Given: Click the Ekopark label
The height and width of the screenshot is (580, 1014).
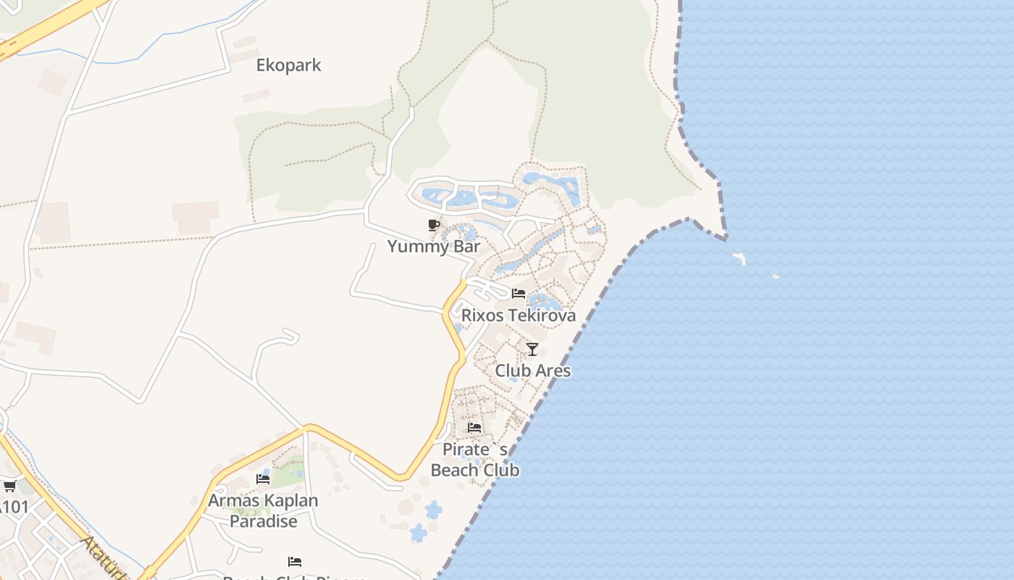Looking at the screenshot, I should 288,65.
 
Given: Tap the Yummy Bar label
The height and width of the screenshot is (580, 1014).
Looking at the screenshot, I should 433,246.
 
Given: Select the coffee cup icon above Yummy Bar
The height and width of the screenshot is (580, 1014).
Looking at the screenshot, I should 434,225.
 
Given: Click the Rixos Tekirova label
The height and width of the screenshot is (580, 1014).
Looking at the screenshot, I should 519,315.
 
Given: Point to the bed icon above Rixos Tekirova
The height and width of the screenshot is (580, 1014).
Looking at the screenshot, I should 519,294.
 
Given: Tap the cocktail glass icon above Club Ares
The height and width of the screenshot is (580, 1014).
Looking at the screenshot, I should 532,349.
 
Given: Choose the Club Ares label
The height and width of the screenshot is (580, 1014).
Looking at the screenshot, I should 532,370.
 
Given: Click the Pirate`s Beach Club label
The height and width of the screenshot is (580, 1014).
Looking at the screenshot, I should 475,460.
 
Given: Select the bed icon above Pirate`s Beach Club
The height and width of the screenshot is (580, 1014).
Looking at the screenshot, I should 474,428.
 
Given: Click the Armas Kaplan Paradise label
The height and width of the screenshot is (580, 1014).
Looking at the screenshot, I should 263,510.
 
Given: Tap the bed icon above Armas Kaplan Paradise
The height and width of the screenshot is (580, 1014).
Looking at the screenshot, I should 263,479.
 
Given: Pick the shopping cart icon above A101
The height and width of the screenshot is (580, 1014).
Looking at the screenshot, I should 9,486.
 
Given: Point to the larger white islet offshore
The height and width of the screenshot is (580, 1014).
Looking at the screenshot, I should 739,257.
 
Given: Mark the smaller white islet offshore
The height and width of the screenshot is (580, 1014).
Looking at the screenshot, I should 775,276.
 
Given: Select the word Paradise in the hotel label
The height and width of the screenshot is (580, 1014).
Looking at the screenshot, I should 263,521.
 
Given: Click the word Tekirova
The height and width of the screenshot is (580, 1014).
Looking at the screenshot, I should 542,315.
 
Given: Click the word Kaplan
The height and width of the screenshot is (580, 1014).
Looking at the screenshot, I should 290,500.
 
